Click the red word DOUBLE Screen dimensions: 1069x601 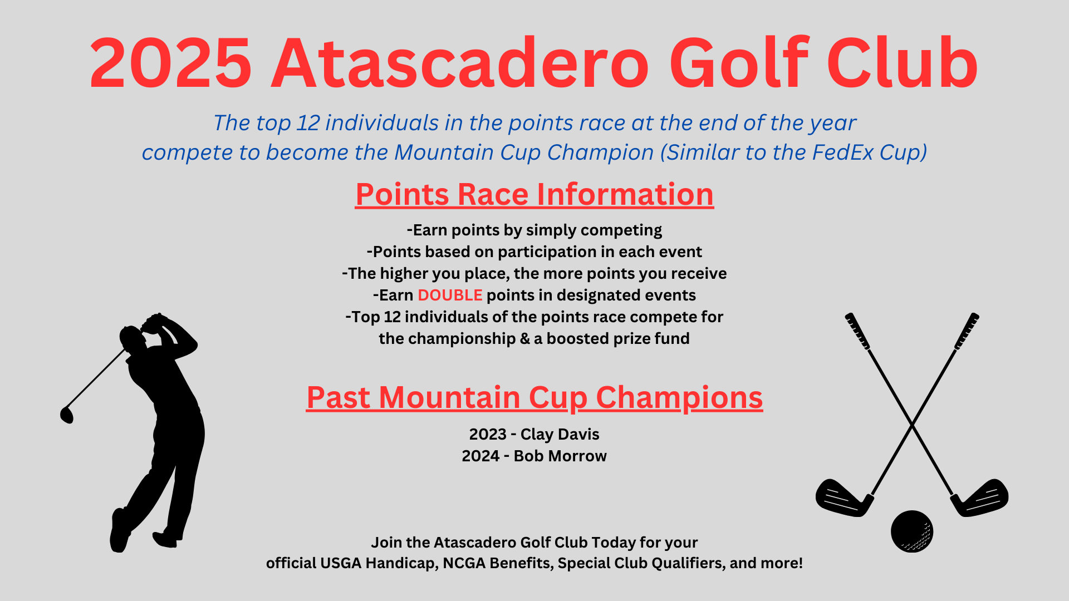coord(450,295)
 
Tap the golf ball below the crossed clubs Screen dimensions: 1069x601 coord(912,531)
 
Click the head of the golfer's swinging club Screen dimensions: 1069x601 coord(67,415)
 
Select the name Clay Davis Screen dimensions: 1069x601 coord(560,434)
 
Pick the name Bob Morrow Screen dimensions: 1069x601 coord(560,456)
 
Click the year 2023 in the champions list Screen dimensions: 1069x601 coord(488,434)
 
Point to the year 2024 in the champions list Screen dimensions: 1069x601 coord(480,456)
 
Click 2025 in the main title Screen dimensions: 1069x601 coord(171,63)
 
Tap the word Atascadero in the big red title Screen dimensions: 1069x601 coord(460,63)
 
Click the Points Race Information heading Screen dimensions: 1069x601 coord(534,194)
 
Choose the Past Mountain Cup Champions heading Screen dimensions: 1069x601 coord(534,397)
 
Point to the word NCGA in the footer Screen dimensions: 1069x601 coord(464,563)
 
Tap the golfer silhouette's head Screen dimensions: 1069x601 coord(131,338)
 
